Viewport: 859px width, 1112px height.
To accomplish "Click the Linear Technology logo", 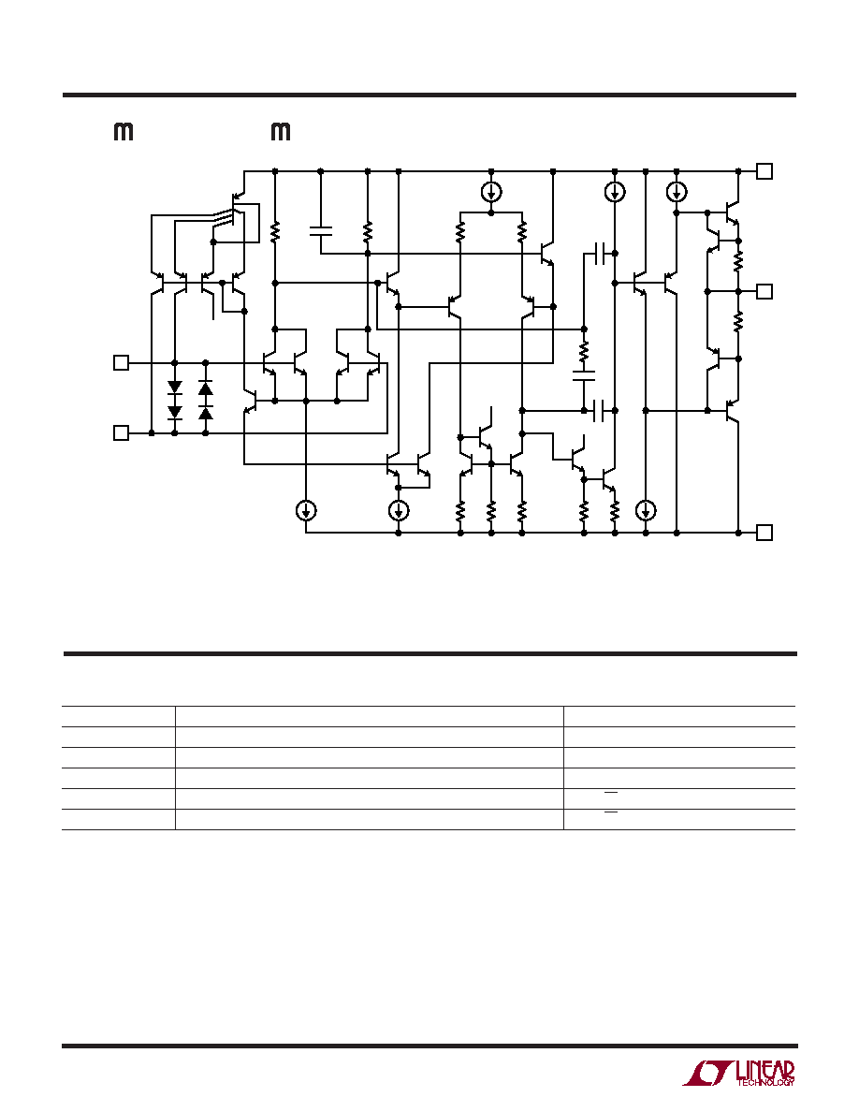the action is coord(738,1074).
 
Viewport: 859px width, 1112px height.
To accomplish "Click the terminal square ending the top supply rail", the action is coord(764,171).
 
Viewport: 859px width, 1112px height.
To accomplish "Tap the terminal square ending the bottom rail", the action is coord(764,533).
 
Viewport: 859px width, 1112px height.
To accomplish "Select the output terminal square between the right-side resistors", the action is coord(764,291).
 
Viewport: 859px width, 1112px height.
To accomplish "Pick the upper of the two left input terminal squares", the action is coord(122,363).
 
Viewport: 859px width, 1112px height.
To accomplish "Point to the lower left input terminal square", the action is coord(122,432).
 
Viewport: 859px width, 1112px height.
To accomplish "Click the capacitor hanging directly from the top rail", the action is coord(320,229).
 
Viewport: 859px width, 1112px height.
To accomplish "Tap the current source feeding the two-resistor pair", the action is coord(491,192).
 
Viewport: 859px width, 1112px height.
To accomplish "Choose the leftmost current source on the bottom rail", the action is coord(305,510).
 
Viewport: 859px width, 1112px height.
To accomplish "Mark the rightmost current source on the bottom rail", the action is coord(646,510).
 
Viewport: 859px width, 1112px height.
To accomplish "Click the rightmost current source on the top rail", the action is coord(677,192).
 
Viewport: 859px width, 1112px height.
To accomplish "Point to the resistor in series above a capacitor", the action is coord(584,351).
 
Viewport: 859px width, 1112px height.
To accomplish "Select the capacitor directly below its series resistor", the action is coord(584,375).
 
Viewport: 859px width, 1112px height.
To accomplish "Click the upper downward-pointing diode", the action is coord(175,388).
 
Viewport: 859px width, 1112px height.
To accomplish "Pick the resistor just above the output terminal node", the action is coord(737,261).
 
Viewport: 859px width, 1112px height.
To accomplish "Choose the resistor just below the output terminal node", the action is coord(737,323).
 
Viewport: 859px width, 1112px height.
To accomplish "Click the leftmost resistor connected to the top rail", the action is coord(275,230).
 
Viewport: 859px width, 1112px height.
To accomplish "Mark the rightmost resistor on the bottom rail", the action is coord(615,510).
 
